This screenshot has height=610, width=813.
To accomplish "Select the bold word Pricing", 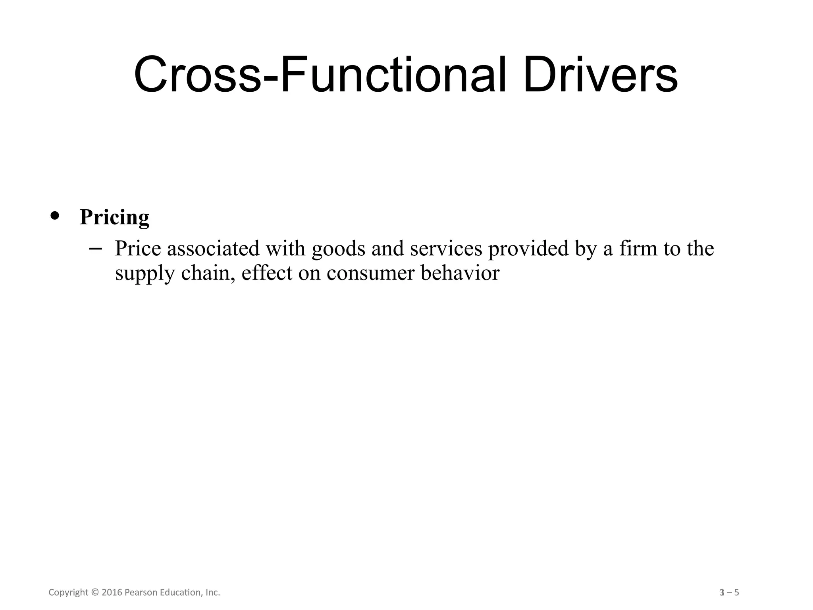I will coord(114,217).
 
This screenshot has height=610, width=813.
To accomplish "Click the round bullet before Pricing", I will coord(55,215).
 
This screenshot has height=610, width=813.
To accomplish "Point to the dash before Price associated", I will coord(95,249).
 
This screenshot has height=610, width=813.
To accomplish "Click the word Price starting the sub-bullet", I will coord(138,249).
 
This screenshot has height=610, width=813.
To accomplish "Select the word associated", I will coord(213,249).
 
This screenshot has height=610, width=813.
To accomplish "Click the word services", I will coord(446,249).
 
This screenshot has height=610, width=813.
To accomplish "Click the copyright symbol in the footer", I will coord(94,593).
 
